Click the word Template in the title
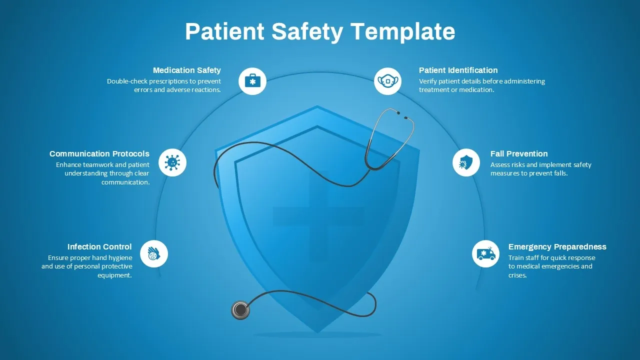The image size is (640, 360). coord(403,32)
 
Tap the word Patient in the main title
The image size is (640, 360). coord(224,31)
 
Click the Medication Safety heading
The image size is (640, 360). coord(187,70)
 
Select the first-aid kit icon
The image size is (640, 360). coord(252,81)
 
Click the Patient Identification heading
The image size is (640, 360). coord(458,70)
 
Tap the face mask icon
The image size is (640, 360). coord(387,81)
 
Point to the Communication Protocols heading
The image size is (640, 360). coord(99,153)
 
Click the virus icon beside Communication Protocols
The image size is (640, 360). coord(172,162)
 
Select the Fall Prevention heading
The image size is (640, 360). coord(519,153)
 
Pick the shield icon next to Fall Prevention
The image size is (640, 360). coord(466,162)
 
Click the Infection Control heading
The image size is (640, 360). coord(99,246)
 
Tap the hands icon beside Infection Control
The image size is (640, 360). coord(154,253)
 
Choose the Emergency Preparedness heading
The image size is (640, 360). coord(557,246)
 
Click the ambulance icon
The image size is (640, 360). coord(486,253)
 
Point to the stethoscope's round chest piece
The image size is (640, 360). coord(240,310)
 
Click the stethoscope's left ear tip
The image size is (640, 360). coord(398,113)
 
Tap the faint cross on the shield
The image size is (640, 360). coord(318,215)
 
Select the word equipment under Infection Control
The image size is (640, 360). coord(114,275)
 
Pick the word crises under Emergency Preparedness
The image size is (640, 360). coord(517,275)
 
